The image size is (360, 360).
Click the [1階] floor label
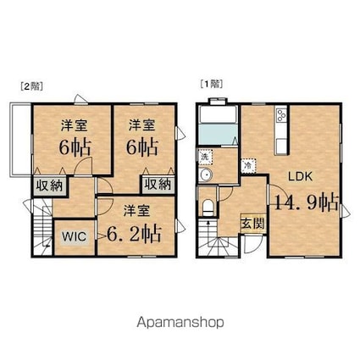210,86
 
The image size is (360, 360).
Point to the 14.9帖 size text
306,202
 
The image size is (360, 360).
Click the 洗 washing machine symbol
206,158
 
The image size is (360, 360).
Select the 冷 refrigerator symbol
246,165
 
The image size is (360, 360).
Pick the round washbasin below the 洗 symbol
206,176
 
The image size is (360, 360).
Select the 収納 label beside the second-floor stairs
48,185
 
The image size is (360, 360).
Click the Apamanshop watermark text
180,322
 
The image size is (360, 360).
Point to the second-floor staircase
42,233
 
